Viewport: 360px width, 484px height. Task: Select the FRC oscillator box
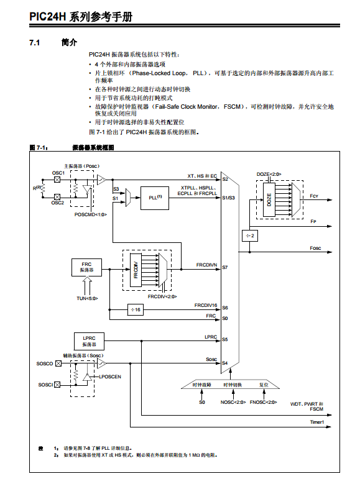coord(86,267)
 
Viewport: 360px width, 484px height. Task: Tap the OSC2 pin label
coord(58,203)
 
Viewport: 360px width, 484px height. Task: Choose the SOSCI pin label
coord(45,385)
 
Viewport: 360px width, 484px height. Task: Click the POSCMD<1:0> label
coord(90,214)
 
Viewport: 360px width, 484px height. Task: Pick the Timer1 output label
coord(317,422)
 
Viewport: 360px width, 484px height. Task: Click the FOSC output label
coord(316,248)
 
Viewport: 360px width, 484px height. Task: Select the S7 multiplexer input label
coord(225,267)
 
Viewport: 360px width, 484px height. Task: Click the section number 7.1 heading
coord(35,43)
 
